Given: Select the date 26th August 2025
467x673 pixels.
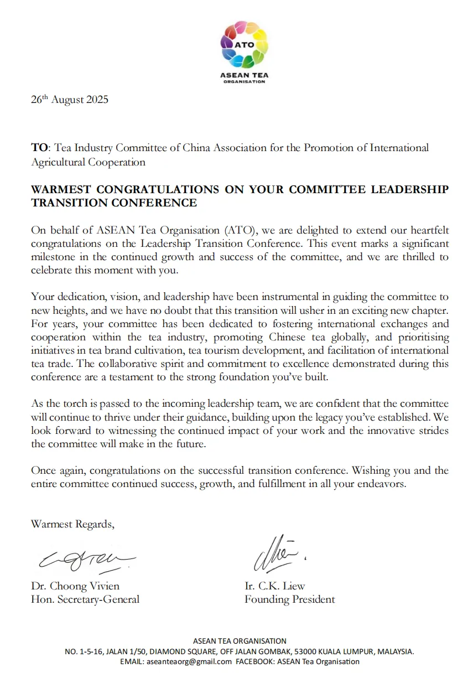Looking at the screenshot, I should tap(70, 100).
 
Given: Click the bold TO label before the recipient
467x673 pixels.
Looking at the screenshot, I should tap(40, 148).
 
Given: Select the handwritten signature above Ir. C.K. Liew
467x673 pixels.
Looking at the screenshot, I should tap(276, 554).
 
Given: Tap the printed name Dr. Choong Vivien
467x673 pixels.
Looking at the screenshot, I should tap(75, 586).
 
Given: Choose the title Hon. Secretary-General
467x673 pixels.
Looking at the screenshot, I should tap(85, 599).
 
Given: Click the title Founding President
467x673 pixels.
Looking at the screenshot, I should tap(289, 599).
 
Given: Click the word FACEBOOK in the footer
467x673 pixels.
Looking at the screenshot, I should tap(255, 661).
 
